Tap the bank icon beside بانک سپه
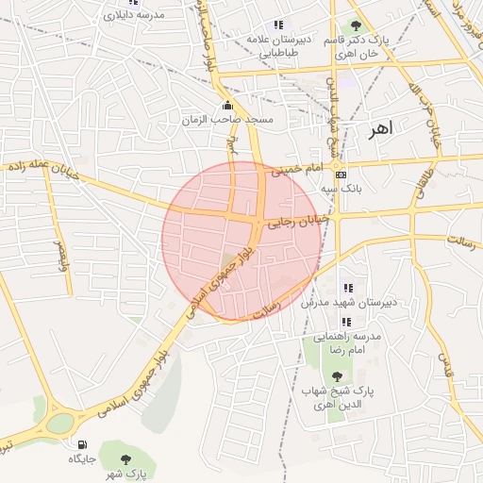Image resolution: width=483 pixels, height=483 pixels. [341, 175]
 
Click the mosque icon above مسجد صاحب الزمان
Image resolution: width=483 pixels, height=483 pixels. [227, 106]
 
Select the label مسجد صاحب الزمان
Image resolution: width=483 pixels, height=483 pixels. [228, 120]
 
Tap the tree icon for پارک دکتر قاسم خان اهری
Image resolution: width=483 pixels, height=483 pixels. [356, 25]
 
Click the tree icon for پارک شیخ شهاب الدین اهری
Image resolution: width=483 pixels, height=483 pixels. [337, 375]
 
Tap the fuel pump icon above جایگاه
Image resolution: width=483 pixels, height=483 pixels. [82, 444]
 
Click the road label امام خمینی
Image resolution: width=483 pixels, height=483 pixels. [297, 171]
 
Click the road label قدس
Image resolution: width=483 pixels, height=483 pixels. [443, 363]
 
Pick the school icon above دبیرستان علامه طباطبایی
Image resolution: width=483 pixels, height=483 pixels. [277, 25]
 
